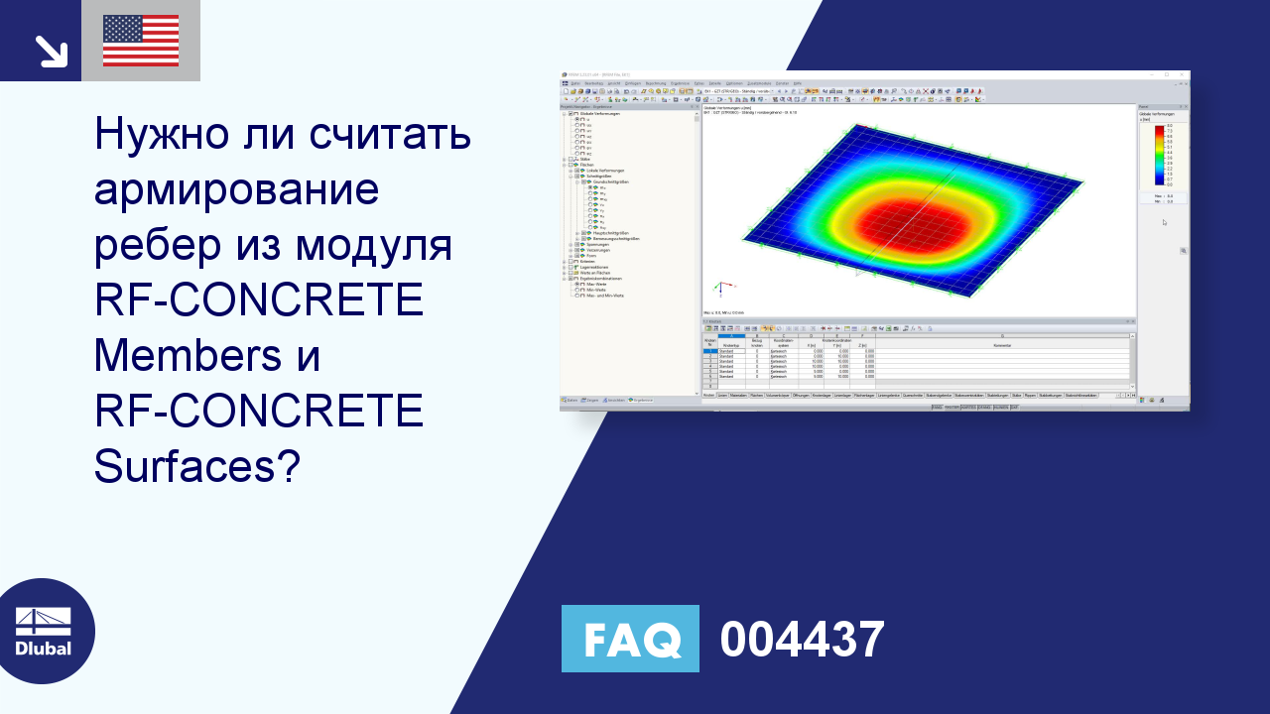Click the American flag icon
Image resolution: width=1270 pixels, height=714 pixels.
coord(140,41)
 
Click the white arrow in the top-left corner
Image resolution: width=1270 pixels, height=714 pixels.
coord(50,51)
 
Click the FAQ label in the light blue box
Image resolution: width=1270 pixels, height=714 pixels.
coord(630,639)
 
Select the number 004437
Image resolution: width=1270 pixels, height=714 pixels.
coord(802,640)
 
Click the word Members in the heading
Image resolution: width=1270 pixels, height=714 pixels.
coord(188,355)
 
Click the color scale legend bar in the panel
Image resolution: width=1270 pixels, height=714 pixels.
coord(1158,155)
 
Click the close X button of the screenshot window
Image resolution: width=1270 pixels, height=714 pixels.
coord(1181,74)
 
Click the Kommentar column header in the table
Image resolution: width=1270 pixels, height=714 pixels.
coord(1002,345)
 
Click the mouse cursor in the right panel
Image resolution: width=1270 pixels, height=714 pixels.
coord(1165,222)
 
